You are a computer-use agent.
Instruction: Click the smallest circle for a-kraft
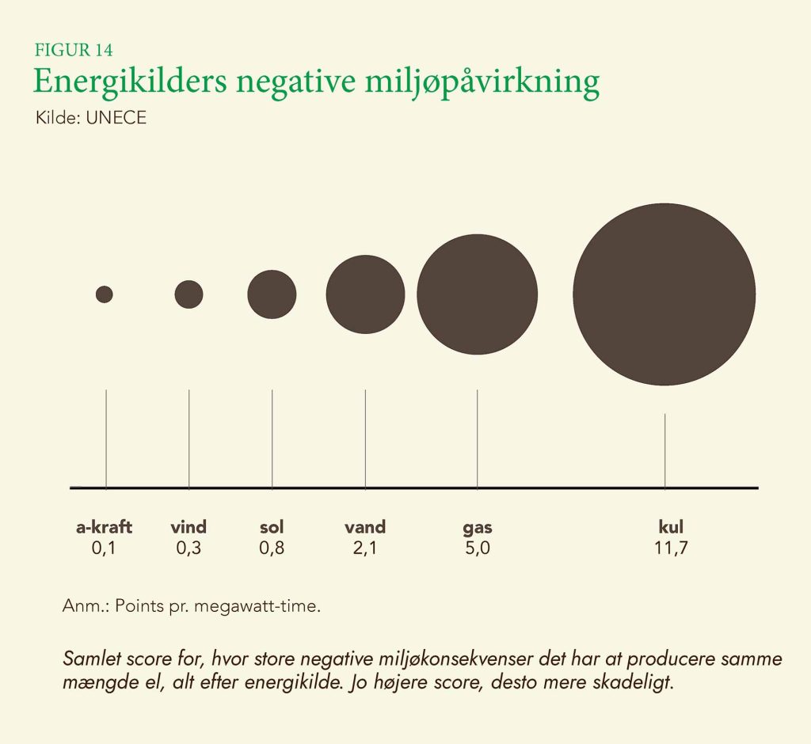pos(105,294)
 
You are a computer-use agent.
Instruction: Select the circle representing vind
pos(188,294)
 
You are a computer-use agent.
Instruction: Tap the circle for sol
pos(272,294)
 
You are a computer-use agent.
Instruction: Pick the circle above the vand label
pos(365,294)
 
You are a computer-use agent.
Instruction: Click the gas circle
pos(478,294)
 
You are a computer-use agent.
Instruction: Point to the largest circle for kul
pos(664,294)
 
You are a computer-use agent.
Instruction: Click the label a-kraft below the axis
pos(104,527)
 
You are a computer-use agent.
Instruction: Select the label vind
pos(188,527)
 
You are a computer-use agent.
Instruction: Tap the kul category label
pos(670,527)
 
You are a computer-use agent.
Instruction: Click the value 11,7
pos(670,548)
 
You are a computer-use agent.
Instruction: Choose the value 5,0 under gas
pos(478,548)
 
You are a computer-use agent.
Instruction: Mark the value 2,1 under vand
pos(365,548)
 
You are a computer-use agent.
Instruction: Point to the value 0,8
pos(272,548)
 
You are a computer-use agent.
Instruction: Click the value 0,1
pos(104,548)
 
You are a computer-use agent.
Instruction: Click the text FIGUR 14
pos(73,50)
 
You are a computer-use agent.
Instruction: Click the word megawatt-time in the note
pos(268,607)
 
